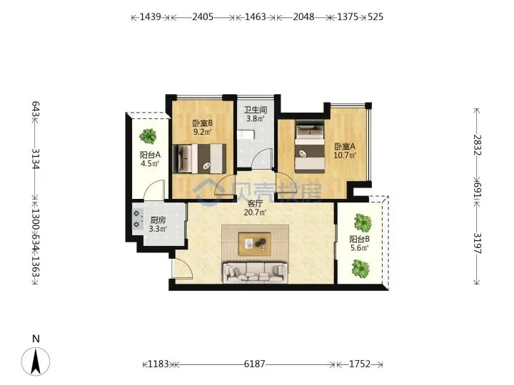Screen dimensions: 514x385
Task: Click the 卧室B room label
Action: pos(202,123)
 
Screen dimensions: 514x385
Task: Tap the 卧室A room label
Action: pos(345,146)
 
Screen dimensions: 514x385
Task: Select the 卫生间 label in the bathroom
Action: pos(255,110)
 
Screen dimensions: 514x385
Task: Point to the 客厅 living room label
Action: pos(255,204)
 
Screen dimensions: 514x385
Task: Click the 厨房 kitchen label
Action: pos(158,220)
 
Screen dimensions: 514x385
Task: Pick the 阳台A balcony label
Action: pos(150,155)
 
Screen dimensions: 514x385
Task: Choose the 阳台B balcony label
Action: pos(359,240)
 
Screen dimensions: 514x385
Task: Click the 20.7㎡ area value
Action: pos(255,212)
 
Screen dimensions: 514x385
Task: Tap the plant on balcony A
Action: pos(148,136)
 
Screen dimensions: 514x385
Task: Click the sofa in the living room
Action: pos(255,272)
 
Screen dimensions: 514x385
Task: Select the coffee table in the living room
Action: pos(254,244)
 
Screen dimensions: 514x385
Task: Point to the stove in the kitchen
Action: pos(138,219)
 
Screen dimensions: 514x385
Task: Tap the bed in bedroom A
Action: pos(309,146)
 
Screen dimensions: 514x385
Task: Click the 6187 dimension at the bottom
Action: pos(254,364)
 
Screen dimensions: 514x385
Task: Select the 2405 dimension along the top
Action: pos(203,16)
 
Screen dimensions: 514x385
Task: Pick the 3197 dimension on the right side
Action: pos(478,243)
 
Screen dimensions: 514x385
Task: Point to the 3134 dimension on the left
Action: pos(36,159)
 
